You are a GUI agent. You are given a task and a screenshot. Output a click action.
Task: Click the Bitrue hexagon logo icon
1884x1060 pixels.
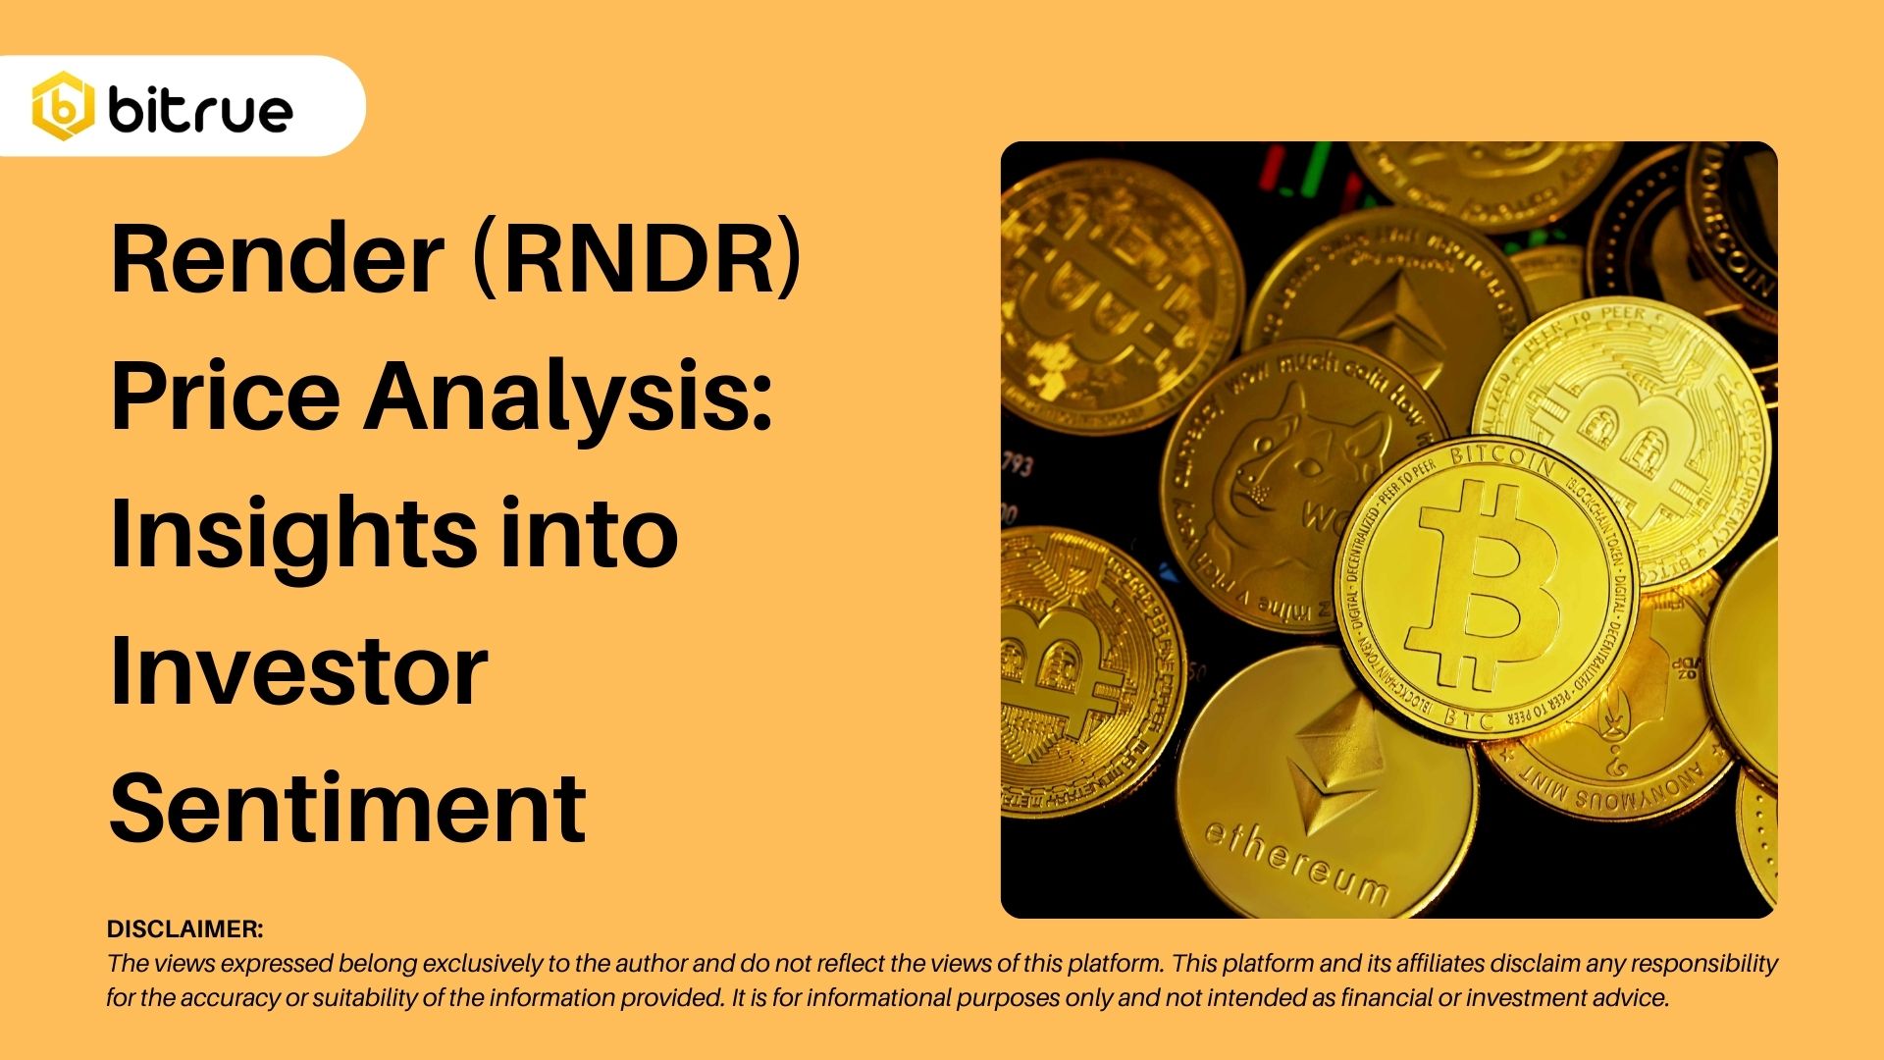tap(63, 106)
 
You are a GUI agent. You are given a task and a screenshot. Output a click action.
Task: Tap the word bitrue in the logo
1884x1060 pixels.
tap(200, 110)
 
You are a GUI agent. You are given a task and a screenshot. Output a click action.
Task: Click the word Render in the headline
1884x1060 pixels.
tap(278, 259)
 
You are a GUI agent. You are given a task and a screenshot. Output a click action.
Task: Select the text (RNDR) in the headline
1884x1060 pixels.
tap(637, 259)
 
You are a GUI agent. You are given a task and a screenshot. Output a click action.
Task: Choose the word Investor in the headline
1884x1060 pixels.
tap(298, 671)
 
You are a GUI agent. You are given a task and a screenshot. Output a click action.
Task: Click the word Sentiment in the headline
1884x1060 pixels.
tap(347, 809)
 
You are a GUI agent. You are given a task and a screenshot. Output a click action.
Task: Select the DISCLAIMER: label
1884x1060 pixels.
tap(185, 928)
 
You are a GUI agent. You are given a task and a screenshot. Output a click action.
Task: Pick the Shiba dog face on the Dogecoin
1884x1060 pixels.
tap(1285, 461)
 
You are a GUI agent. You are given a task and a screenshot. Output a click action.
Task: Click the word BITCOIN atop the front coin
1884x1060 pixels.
tap(1501, 458)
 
